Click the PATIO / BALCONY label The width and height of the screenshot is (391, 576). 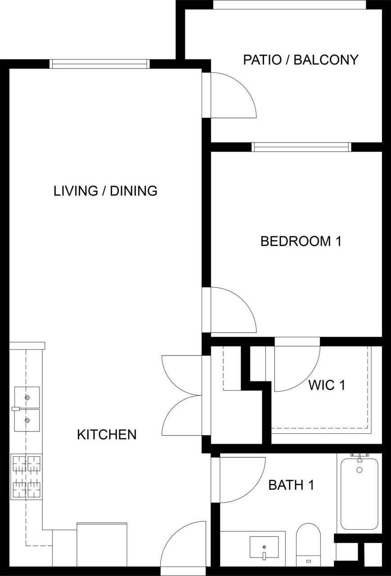[301, 59]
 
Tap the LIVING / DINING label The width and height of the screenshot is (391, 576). [105, 191]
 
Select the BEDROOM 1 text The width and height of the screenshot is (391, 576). [301, 241]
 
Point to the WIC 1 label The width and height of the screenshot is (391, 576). [327, 385]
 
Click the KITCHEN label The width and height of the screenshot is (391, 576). [107, 435]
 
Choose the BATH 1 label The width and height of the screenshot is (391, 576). [291, 485]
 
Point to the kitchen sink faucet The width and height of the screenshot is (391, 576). [16, 409]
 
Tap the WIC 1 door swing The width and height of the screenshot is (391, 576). [295, 367]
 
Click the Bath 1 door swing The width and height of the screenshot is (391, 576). [241, 479]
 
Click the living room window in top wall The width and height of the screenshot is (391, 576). [99, 64]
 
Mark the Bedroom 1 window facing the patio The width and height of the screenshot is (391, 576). [301, 147]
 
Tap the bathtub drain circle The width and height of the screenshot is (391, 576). [360, 470]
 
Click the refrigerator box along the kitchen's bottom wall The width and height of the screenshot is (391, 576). [102, 544]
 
